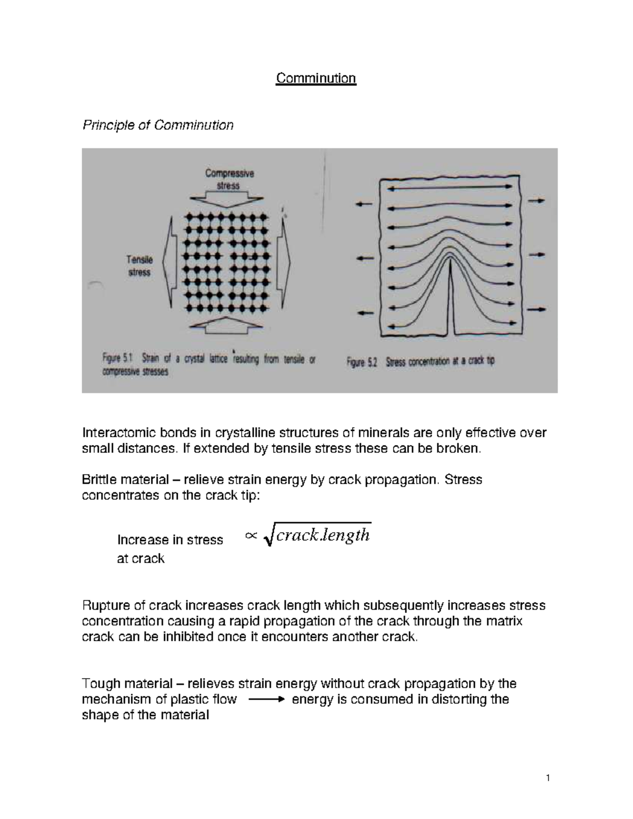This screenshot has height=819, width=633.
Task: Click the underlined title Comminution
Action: (316, 79)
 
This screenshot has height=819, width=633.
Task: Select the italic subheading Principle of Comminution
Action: (158, 125)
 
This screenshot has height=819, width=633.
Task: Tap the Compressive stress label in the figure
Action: (229, 179)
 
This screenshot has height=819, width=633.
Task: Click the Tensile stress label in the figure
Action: (139, 266)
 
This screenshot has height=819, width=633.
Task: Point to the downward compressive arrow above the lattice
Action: (227, 199)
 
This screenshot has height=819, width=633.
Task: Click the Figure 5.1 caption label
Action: (117, 359)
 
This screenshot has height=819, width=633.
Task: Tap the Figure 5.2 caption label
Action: (361, 362)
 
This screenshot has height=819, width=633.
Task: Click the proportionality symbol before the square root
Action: (251, 536)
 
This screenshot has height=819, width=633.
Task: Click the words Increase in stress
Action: (170, 540)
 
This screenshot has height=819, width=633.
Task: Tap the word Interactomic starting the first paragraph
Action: (114, 433)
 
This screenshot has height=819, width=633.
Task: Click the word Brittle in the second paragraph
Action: (99, 480)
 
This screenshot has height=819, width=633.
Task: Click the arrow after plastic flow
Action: (265, 700)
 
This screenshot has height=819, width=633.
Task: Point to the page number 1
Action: (548, 778)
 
